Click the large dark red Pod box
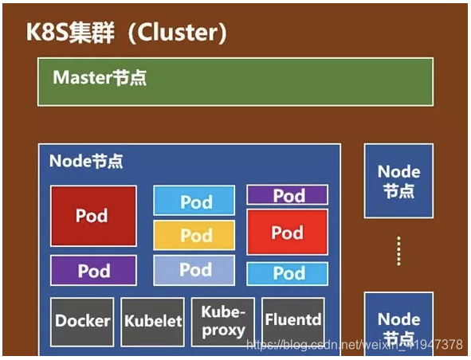tap(93, 216)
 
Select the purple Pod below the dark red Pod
tap(93, 271)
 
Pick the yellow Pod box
tap(194, 236)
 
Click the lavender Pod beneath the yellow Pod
tap(194, 270)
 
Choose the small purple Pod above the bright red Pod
tap(287, 195)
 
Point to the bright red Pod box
tap(287, 232)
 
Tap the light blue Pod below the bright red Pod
tap(287, 273)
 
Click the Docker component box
tap(83, 321)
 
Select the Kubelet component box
tap(153, 321)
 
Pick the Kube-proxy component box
tap(223, 321)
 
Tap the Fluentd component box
tap(292, 321)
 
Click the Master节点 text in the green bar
tap(100, 78)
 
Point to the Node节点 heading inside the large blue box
tap(86, 161)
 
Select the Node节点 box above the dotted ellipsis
tap(398, 181)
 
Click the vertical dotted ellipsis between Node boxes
tap(398, 251)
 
